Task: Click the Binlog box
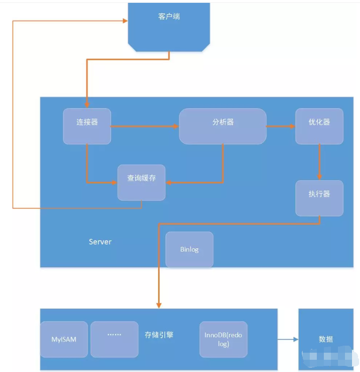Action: (189, 249)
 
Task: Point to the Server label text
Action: (100, 242)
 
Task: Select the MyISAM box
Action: (64, 339)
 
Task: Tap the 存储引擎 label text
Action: (159, 335)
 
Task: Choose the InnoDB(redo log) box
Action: (223, 339)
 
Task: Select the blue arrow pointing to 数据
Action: (287, 339)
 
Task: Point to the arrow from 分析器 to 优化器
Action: (280, 126)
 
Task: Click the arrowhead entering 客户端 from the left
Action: (125, 21)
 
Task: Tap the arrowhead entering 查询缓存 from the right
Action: (168, 183)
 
